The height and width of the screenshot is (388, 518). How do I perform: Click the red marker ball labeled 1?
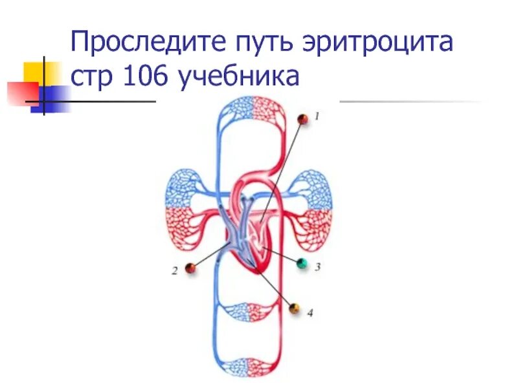tap(302, 120)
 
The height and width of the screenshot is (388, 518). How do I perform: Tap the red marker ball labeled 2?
tap(190, 268)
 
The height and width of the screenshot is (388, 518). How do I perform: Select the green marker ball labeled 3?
tap(302, 263)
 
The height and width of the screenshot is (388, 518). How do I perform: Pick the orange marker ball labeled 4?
tap(295, 308)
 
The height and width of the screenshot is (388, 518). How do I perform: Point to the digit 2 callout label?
tap(174, 272)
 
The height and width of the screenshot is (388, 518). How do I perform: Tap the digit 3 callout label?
tap(318, 266)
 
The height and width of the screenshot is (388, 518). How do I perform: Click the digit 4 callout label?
tap(310, 313)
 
